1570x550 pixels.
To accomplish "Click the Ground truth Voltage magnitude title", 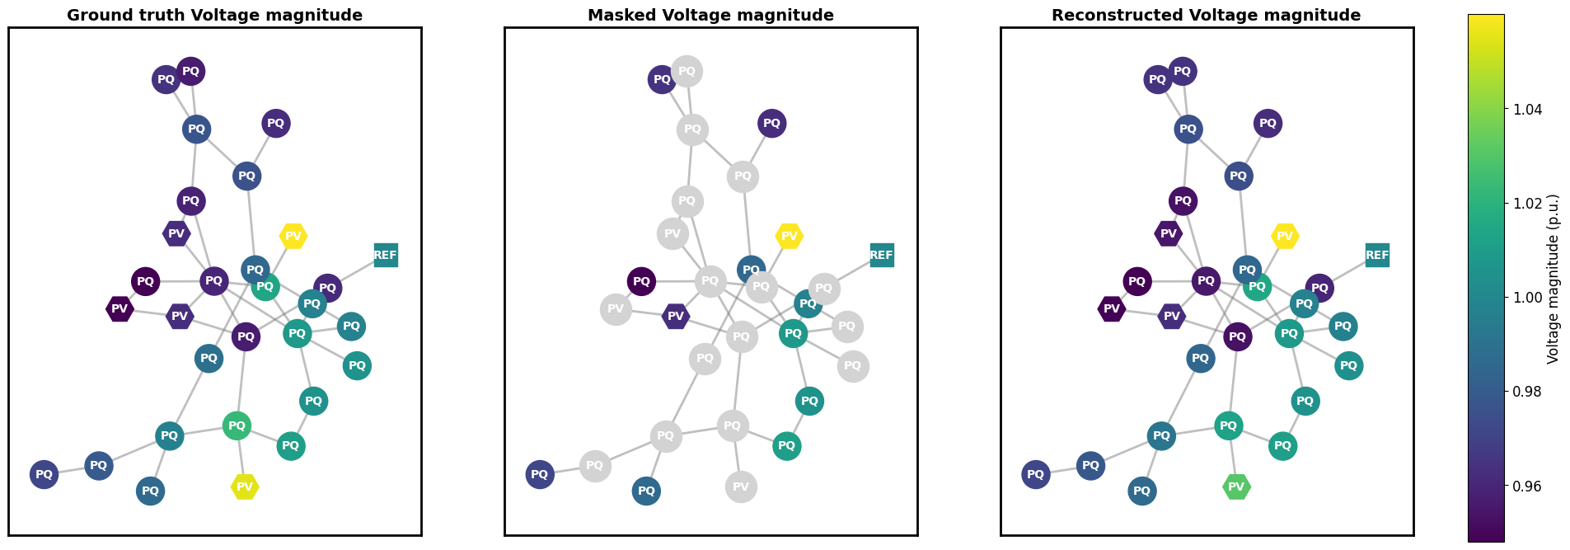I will coord(214,15).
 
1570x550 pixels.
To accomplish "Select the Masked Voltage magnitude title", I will coord(710,15).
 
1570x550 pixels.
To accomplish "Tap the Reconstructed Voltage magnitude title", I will coord(1207,15).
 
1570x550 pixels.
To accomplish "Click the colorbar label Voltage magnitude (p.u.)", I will coord(1554,279).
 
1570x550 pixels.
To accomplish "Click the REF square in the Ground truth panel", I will coord(385,256).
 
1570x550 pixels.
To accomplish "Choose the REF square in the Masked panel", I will coord(881,256).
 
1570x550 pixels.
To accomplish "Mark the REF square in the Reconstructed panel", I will coord(1377,256).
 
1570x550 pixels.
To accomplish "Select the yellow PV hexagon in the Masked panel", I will coord(789,237).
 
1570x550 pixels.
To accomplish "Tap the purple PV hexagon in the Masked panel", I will coord(676,317).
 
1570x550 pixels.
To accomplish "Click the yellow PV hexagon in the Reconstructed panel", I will coord(1285,237).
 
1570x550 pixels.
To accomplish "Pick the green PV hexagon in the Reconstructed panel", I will coord(1236,487).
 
